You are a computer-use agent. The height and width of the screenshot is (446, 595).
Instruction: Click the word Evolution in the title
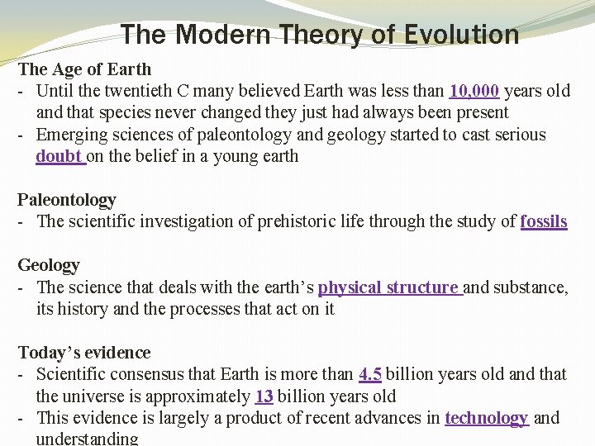(462, 35)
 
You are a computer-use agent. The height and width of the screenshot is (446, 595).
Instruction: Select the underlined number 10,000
(474, 91)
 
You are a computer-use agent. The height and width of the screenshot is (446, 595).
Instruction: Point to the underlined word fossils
(544, 221)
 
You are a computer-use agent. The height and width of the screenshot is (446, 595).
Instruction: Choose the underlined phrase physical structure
(388, 287)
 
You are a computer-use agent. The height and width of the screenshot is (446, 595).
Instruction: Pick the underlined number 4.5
(370, 374)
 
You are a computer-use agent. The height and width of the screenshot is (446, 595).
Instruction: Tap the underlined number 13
(264, 396)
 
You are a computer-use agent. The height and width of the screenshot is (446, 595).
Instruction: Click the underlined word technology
(486, 418)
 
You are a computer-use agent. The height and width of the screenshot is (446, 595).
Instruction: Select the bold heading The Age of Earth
(85, 69)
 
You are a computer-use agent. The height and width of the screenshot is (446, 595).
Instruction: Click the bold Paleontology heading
(67, 200)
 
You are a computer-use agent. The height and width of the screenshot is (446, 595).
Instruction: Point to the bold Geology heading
(49, 265)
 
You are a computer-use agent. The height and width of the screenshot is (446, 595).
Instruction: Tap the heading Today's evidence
(84, 353)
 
